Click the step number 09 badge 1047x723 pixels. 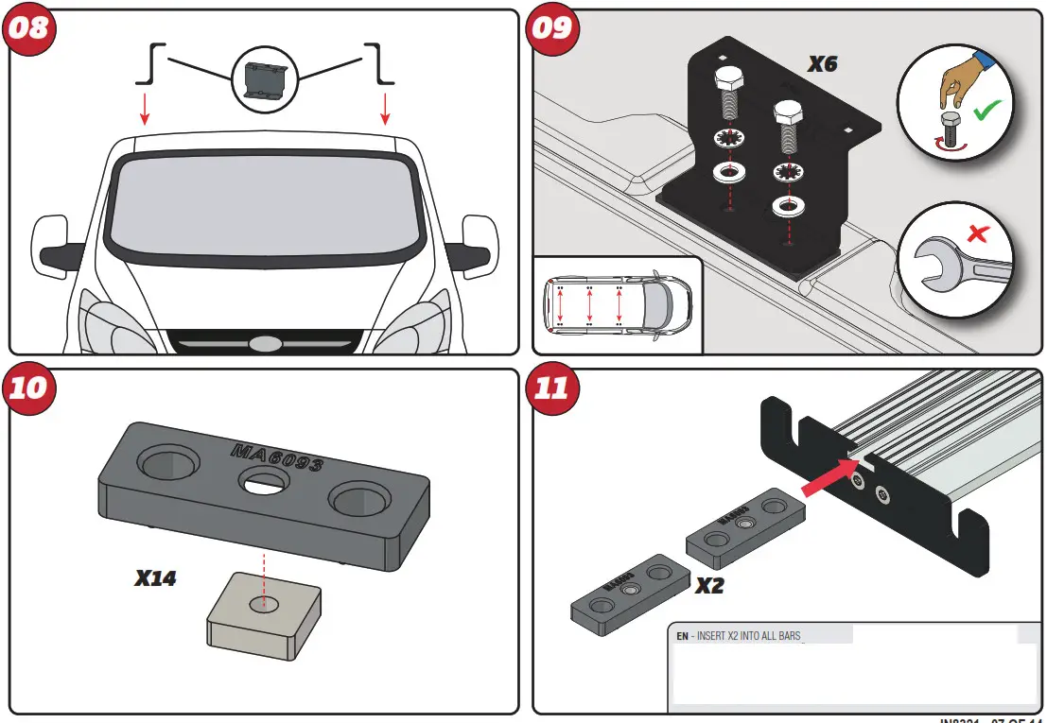click(553, 27)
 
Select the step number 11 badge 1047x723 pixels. click(553, 387)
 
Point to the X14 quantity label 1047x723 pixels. click(155, 578)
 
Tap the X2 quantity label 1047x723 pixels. click(709, 586)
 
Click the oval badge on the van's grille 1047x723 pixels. click(265, 342)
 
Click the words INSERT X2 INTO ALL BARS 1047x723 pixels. click(748, 636)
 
